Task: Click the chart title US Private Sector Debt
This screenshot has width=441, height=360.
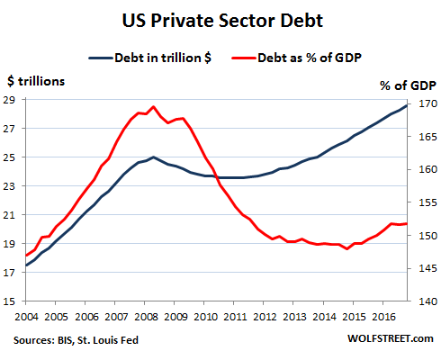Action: pos(220,18)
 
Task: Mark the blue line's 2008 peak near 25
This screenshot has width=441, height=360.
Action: pos(153,157)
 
